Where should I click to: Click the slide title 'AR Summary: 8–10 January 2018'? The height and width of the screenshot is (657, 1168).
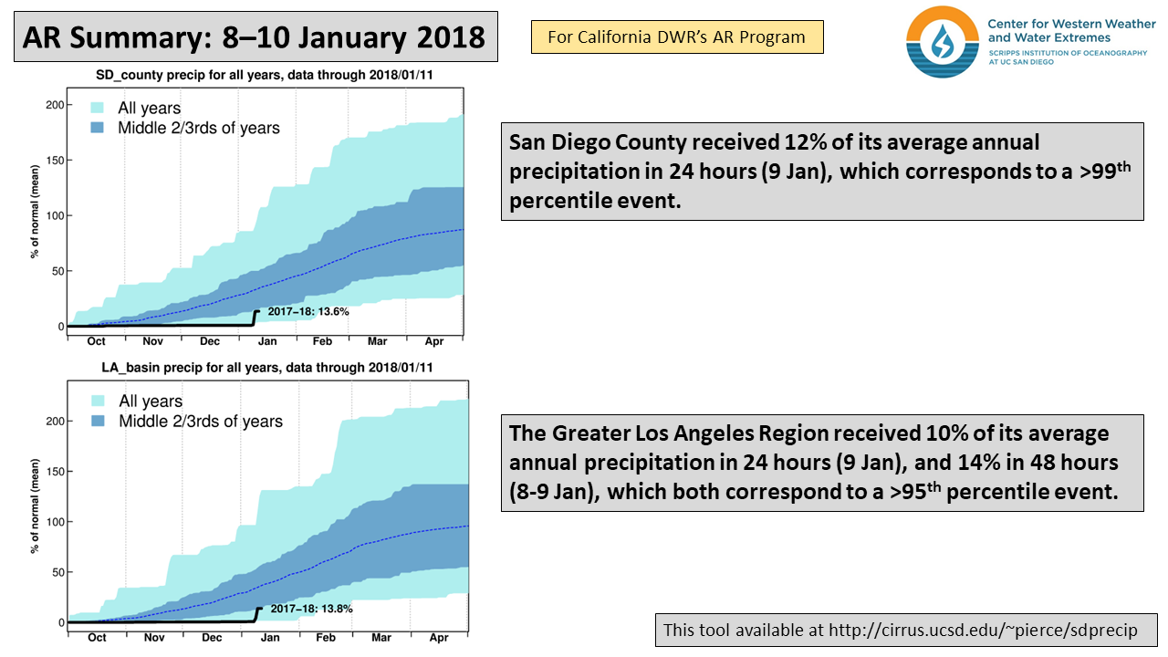point(255,37)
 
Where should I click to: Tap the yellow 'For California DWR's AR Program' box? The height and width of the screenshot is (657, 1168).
point(677,37)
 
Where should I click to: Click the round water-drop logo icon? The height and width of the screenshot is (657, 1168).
point(942,42)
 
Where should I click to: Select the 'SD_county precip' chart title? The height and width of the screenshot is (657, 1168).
point(265,74)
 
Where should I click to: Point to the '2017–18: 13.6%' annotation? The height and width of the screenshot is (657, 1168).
point(308,311)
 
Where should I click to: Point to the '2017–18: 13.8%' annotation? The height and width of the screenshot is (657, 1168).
point(311,608)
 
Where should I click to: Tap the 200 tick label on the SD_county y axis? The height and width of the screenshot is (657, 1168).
point(53,105)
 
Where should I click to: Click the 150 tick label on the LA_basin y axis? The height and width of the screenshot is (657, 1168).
point(53,472)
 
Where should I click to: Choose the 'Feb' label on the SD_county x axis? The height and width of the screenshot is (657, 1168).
point(322,341)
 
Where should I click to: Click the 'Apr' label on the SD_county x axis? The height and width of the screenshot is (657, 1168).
point(434,341)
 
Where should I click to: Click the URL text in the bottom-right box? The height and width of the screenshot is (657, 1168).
point(983,631)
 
